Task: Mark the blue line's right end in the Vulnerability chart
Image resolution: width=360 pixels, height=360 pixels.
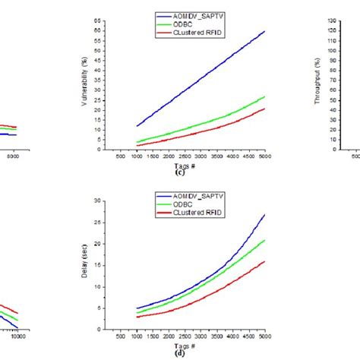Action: (x=264, y=31)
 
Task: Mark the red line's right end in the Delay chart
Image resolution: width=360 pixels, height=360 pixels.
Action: (x=264, y=261)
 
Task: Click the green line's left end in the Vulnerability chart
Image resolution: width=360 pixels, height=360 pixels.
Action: (x=137, y=142)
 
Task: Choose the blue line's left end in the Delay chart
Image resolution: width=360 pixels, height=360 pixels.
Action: (x=137, y=308)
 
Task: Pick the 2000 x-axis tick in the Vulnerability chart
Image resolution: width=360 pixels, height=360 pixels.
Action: (x=169, y=157)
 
